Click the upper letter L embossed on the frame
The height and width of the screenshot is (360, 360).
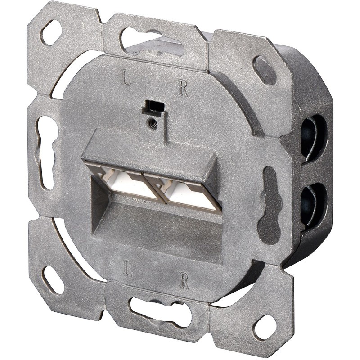128,79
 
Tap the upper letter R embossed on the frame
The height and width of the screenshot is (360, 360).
183,89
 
